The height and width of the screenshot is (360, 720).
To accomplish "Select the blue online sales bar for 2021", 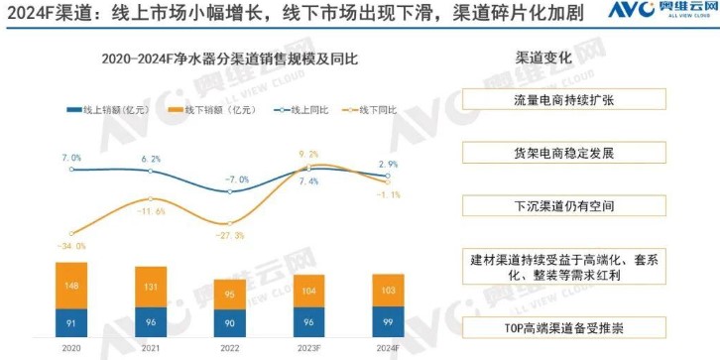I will point(151,322).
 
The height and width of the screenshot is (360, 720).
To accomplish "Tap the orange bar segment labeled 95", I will point(229,294).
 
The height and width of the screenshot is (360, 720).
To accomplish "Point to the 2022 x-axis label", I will point(229,349).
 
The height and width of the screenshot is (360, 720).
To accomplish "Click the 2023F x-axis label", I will point(308,349).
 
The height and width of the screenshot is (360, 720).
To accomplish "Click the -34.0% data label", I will point(72,246).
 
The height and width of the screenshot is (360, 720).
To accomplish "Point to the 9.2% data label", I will point(308,154).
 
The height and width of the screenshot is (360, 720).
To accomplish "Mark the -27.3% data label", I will point(230,235).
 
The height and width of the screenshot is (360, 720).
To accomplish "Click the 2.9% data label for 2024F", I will point(388,164).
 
